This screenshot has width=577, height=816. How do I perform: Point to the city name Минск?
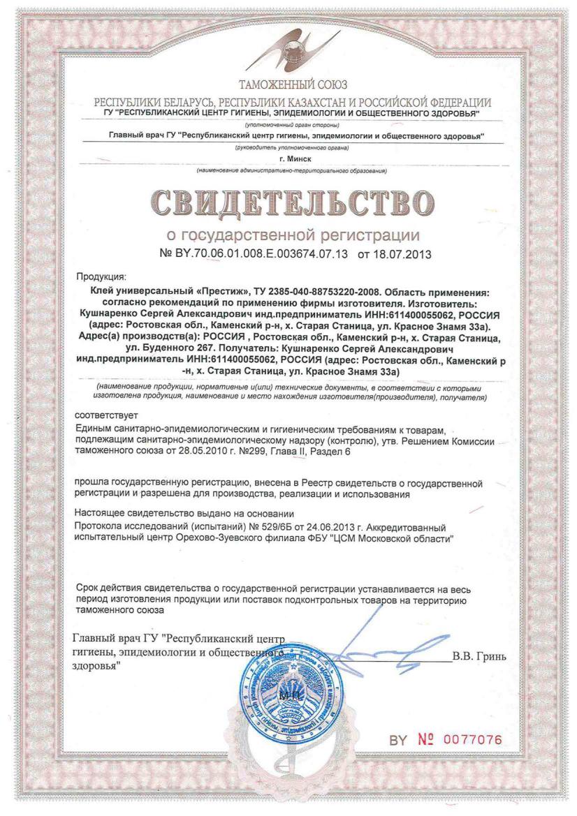pos(288,159)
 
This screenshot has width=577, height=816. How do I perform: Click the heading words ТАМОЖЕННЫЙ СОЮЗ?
pos(288,87)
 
